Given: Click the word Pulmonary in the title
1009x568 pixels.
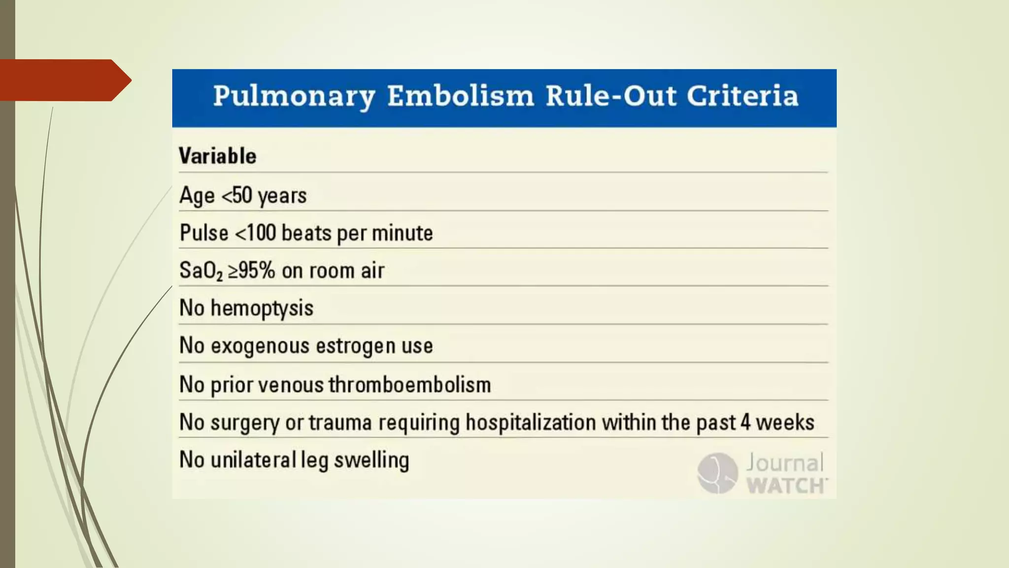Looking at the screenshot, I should pyautogui.click(x=294, y=96).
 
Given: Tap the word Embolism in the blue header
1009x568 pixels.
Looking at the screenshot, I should pyautogui.click(x=460, y=95).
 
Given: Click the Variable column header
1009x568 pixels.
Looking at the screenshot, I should pyautogui.click(x=217, y=156).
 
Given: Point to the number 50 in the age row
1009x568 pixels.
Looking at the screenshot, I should pyautogui.click(x=242, y=195).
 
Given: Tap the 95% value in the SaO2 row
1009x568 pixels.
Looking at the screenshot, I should pyautogui.click(x=257, y=270).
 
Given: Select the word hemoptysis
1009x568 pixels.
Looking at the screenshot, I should pyautogui.click(x=262, y=308).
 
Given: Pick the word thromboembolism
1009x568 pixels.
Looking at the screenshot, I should pyautogui.click(x=410, y=385).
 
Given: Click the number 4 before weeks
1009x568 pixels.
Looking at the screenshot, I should pyautogui.click(x=745, y=423).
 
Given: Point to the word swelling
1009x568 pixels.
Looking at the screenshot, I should pyautogui.click(x=371, y=460).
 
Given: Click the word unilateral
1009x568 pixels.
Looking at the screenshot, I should pyautogui.click(x=253, y=460).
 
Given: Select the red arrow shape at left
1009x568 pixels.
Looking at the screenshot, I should pyautogui.click(x=64, y=80).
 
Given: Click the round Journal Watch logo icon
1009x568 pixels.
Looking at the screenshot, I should pyautogui.click(x=717, y=473).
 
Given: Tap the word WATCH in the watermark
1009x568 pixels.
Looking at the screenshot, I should pyautogui.click(x=786, y=486).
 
